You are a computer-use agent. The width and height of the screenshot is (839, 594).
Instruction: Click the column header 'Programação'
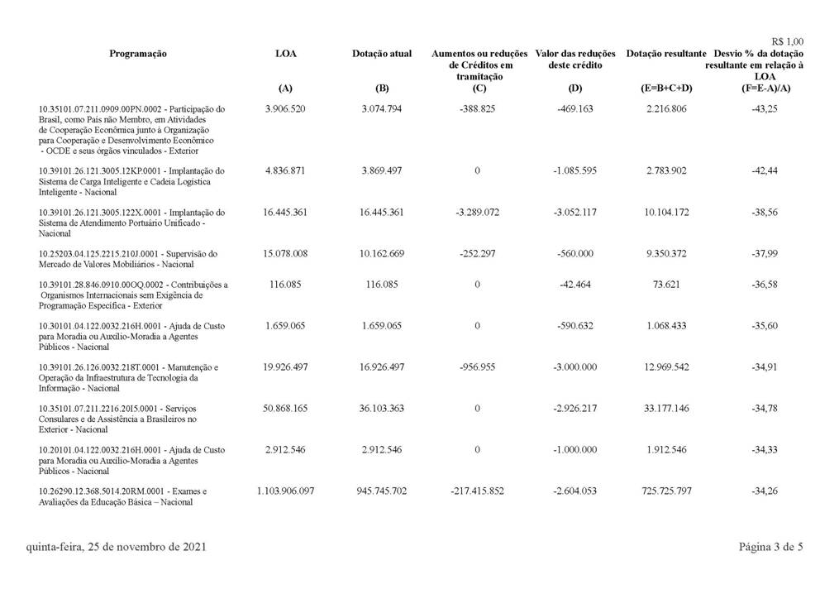[x=138, y=54]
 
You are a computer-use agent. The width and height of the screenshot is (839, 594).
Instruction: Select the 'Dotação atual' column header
[x=382, y=54]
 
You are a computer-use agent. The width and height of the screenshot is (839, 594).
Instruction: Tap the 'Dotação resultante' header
[x=665, y=54]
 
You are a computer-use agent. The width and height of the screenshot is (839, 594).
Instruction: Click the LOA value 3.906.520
[x=285, y=108]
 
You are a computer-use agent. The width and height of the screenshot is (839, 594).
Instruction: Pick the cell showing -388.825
[x=477, y=108]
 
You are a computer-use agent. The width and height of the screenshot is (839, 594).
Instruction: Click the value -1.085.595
[x=574, y=170]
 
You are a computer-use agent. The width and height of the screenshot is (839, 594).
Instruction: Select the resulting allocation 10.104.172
[x=665, y=213]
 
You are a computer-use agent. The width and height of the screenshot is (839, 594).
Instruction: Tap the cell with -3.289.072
[x=477, y=213]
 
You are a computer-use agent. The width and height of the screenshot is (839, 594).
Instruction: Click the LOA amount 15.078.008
[x=285, y=254]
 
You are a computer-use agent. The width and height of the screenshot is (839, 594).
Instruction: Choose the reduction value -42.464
[x=574, y=285]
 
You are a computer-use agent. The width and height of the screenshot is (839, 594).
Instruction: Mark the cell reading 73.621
[x=665, y=285]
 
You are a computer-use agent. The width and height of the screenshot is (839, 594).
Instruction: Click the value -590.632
[x=574, y=326]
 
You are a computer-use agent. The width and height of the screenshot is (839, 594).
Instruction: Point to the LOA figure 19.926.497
[x=285, y=367]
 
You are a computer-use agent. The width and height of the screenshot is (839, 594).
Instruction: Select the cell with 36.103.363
[x=382, y=409]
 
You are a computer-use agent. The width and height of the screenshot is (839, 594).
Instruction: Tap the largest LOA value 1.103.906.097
[x=285, y=491]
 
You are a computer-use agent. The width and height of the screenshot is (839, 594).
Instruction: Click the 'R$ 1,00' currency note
[x=787, y=41]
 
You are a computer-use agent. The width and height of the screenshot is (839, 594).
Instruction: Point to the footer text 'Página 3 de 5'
[x=771, y=548]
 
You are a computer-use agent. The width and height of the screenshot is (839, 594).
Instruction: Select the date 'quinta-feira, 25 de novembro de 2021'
[x=116, y=548]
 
